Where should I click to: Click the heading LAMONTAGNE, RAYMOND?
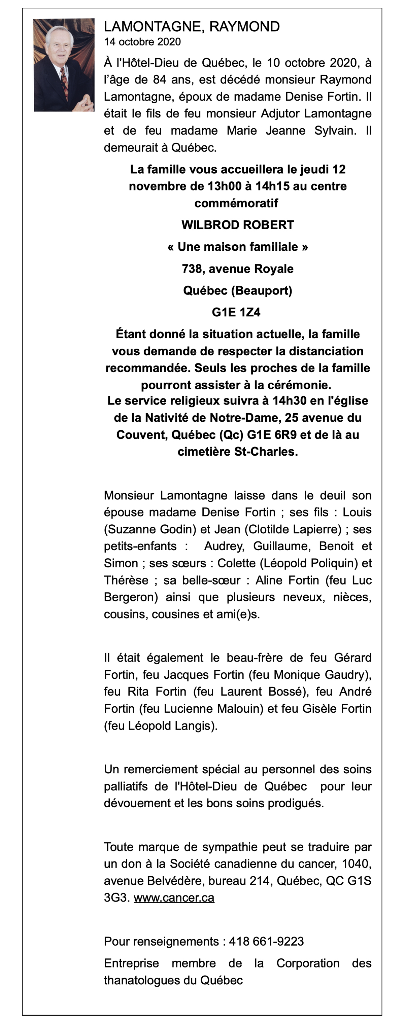pos(192,27)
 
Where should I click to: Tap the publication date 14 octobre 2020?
pos(142,42)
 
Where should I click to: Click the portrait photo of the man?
pos(64,65)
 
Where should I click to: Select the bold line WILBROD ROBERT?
pos(237,225)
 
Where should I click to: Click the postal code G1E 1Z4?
pos(236,312)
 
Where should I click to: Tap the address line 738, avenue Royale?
pos(237,269)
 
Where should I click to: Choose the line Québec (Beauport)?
pos(237,290)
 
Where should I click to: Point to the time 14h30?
pos(289,401)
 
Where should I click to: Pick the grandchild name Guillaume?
pos(282,546)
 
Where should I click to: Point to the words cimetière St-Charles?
pos(237,452)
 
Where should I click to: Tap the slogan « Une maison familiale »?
pos(237,247)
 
